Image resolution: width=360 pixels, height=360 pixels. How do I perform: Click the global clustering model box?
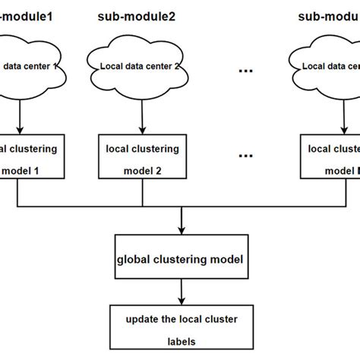click(x=181, y=259)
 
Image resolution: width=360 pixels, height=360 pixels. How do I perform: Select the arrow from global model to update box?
click(x=181, y=292)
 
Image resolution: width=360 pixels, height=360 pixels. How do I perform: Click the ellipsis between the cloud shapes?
click(x=245, y=71)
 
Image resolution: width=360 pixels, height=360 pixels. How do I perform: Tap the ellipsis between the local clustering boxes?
click(x=245, y=156)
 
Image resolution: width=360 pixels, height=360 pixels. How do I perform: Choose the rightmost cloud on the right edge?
click(x=327, y=65)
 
